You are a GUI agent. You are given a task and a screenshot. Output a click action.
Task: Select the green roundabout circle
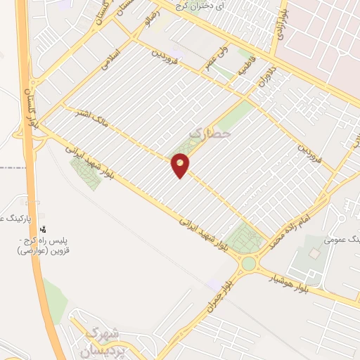[249, 264]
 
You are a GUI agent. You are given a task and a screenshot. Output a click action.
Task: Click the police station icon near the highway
[44, 228]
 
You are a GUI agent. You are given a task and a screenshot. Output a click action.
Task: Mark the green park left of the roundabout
[243, 238]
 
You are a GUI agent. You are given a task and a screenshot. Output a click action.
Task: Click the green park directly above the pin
[184, 148]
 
